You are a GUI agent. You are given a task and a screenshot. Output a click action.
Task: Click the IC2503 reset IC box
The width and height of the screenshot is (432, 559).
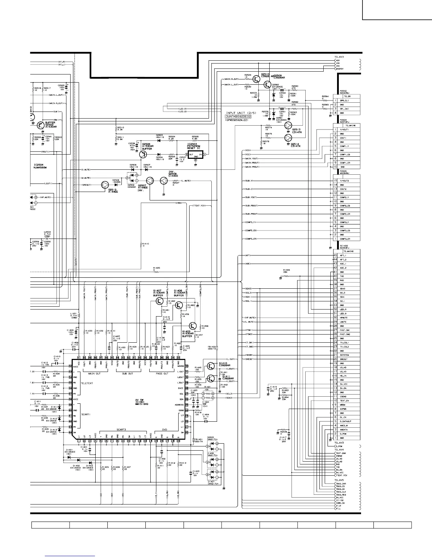196,155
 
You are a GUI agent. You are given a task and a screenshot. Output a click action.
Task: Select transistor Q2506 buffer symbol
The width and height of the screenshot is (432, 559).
143,155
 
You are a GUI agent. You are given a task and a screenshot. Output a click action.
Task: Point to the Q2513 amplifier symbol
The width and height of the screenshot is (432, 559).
288,126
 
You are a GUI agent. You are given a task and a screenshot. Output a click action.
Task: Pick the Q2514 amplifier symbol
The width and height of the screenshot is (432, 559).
288,138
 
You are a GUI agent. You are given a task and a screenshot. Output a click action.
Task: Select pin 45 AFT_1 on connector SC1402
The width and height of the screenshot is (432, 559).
335,256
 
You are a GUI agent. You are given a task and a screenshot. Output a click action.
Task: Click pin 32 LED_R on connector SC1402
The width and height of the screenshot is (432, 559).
335,309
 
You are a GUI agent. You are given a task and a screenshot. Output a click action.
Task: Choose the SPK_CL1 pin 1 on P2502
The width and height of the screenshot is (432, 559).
335,101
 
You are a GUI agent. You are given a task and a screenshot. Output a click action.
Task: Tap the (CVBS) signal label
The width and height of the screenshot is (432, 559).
179,203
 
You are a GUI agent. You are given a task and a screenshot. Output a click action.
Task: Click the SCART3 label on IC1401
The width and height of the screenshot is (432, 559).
121,429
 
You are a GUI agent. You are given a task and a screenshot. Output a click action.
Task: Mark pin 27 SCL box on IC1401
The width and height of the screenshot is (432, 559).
186,393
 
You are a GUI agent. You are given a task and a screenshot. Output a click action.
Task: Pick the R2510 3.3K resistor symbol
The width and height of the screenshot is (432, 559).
116,129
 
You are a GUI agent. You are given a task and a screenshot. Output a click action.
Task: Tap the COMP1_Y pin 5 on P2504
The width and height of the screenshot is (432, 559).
335,146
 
